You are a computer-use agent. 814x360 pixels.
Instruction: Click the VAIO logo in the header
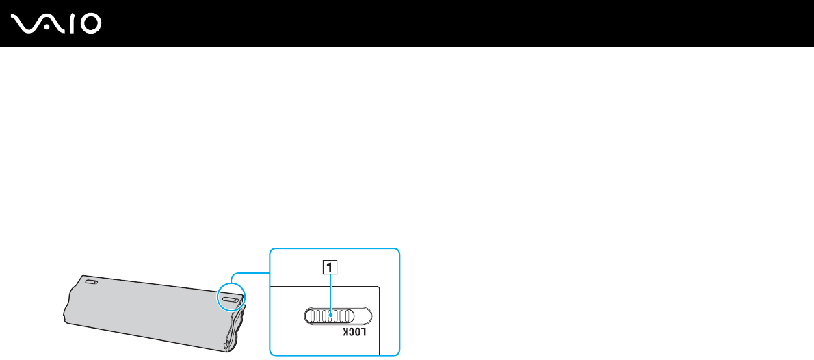pyautogui.click(x=57, y=25)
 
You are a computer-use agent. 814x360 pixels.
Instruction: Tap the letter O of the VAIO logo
pyautogui.click(x=90, y=25)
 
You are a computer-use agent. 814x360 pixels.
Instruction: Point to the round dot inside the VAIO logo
pyautogui.click(x=50, y=27)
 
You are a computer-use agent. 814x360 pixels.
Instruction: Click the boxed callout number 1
pyautogui.click(x=330, y=269)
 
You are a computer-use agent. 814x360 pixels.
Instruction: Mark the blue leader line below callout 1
pyautogui.click(x=330, y=291)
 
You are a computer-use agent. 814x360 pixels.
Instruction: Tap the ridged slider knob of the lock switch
pyautogui.click(x=329, y=315)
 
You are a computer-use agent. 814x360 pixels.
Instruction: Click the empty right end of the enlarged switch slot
pyautogui.click(x=362, y=315)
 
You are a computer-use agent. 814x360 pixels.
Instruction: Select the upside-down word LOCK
pyautogui.click(x=354, y=333)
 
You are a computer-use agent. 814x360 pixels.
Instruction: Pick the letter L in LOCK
pyautogui.click(x=365, y=333)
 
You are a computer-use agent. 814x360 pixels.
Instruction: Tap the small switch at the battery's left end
pyautogui.click(x=91, y=281)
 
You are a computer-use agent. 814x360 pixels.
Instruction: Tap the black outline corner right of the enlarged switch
pyautogui.click(x=379, y=287)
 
